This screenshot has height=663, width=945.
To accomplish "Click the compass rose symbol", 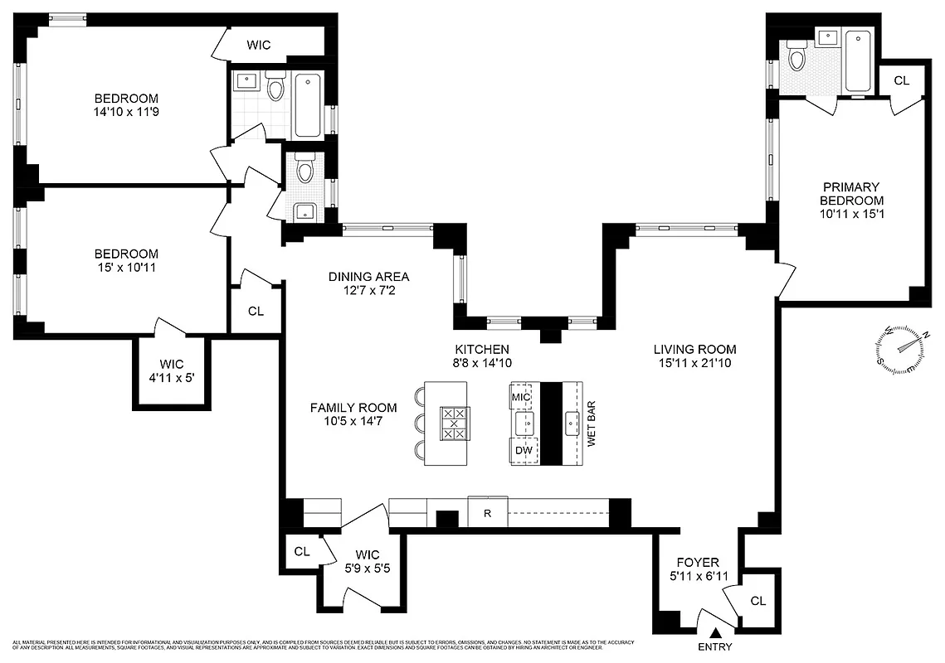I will tap(902, 347).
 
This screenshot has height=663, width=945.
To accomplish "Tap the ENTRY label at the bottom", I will tap(714, 646).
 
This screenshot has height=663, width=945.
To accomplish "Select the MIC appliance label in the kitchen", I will tap(520, 398).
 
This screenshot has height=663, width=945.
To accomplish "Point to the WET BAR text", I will tap(592, 426).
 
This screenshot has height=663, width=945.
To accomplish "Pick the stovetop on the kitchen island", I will tap(454, 423).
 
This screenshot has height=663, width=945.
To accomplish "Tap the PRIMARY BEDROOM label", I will tap(851, 194).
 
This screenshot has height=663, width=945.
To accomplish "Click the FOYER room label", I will tap(698, 562).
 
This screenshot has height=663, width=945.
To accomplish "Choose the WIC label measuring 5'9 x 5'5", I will tap(367, 560).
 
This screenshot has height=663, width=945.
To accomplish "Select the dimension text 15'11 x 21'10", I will tap(694, 363).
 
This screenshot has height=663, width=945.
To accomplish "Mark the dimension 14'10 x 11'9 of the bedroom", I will tap(126, 112).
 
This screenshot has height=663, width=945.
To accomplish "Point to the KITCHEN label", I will tap(481, 349).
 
